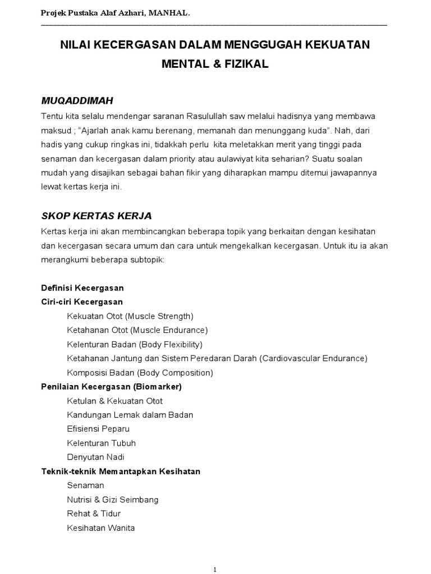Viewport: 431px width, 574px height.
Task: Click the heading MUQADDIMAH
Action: click(77, 101)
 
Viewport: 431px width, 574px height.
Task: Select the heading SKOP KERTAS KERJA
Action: click(97, 216)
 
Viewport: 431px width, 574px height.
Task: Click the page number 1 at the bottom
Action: click(215, 570)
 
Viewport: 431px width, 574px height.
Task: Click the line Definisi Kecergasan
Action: click(82, 288)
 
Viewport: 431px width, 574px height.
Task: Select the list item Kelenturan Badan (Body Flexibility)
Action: click(135, 344)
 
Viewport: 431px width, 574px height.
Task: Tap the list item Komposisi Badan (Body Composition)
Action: click(140, 373)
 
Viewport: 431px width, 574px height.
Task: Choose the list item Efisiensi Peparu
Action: click(98, 429)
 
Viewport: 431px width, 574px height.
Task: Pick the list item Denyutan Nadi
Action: click(95, 457)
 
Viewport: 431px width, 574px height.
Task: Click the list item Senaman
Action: click(85, 485)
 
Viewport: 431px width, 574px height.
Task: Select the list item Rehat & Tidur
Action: click(94, 513)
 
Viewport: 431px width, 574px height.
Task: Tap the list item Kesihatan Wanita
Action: click(101, 528)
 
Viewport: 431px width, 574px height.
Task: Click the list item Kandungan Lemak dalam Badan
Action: click(130, 415)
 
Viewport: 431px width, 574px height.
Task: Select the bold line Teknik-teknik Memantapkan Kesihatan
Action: click(121, 471)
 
